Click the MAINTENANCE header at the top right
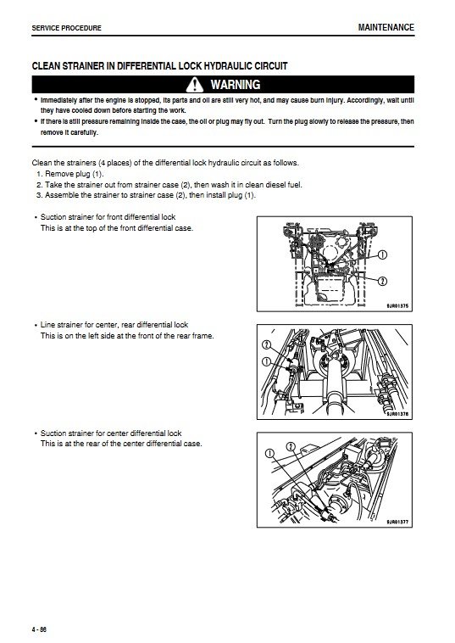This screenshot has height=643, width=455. pos(386,27)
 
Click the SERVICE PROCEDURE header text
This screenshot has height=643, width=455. pos(66,28)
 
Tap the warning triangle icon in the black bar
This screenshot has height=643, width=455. pos(195,85)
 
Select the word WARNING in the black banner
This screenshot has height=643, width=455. pos(236,85)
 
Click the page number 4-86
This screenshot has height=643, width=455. pos(39,629)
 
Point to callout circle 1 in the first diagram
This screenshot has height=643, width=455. pos(381,254)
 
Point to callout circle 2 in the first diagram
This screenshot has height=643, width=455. pos(381,281)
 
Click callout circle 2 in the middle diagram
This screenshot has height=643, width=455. pos(266,344)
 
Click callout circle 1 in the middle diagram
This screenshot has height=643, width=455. pos(266,361)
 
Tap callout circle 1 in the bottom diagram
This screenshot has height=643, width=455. pos(269,453)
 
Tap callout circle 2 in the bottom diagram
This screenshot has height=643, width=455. pos(291,446)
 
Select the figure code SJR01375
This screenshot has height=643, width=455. pos(397,306)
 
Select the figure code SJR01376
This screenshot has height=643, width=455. pos(397,414)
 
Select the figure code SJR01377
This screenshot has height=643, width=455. pos(397,522)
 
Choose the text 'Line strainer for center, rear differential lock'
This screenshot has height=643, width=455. pos(114,325)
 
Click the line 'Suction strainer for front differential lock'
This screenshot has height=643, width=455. pos(108,217)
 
